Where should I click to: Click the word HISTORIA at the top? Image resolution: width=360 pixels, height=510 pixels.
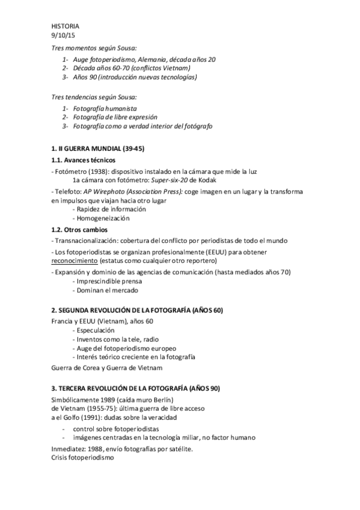pyautogui.click(x=65, y=26)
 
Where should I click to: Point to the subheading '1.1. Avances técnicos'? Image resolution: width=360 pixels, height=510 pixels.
pyautogui.click(x=84, y=161)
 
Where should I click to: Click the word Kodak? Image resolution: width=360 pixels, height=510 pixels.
pyautogui.click(x=205, y=180)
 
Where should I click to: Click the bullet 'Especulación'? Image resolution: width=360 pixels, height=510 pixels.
pyautogui.click(x=95, y=331)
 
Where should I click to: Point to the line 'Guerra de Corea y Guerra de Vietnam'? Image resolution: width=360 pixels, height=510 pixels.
pyautogui.click(x=107, y=367)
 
